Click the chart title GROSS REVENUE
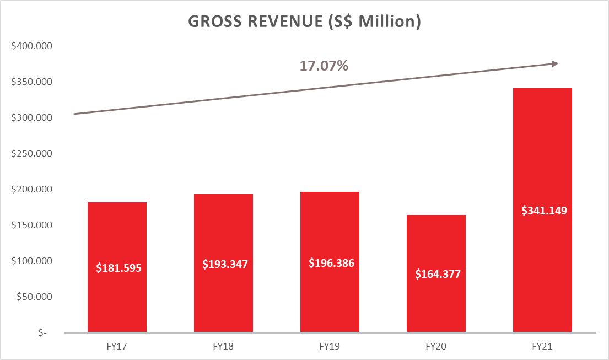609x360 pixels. [304, 22]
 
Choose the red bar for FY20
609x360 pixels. [436, 243]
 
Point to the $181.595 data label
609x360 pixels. [118, 268]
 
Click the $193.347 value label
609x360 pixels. [225, 264]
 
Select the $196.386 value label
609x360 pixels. [331, 263]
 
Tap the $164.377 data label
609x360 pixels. [437, 274]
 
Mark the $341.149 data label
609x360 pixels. [544, 210]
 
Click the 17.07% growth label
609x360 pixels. [324, 66]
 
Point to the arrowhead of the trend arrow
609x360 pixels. [556, 64]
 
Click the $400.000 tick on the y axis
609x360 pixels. [31, 46]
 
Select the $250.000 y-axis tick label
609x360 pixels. [31, 154]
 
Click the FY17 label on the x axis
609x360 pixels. [117, 347]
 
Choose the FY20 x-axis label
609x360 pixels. [436, 347]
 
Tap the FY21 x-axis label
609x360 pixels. [542, 347]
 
